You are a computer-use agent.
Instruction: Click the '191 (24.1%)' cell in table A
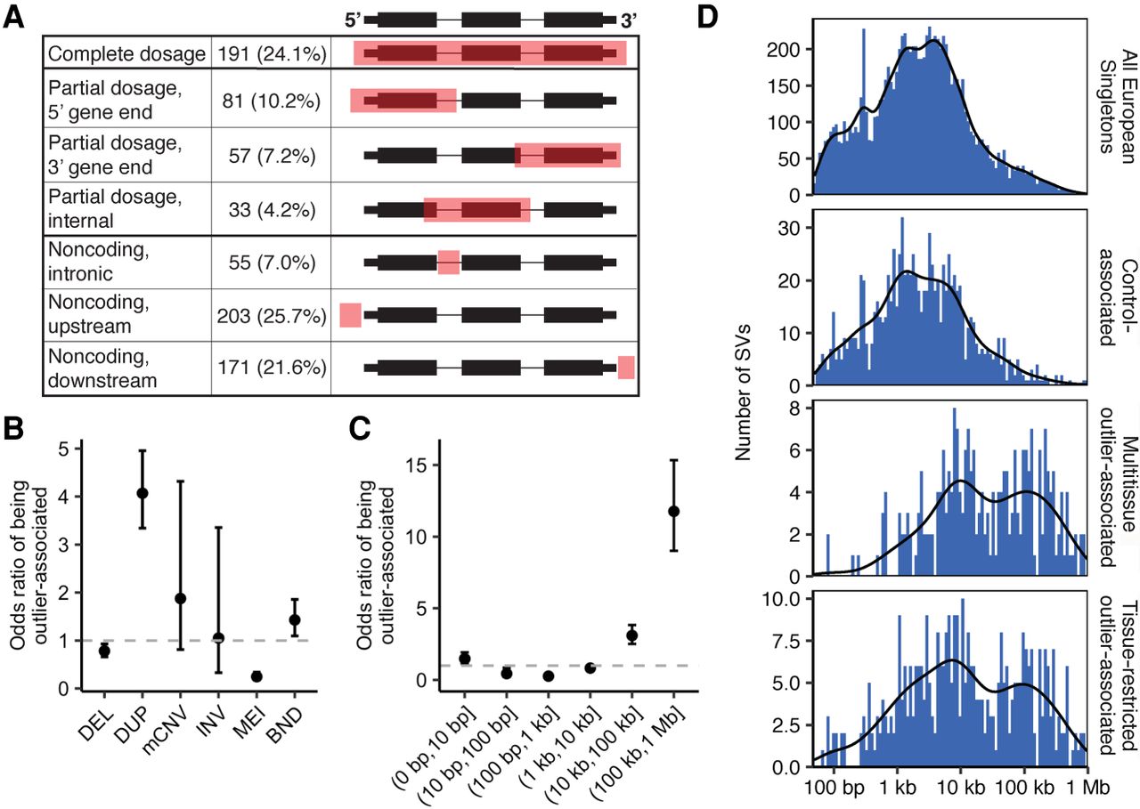272,53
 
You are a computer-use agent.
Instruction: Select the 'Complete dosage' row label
126,54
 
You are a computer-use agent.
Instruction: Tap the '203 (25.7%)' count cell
272,316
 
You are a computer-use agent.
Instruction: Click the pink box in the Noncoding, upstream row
351,315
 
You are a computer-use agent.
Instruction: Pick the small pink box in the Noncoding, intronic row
449,263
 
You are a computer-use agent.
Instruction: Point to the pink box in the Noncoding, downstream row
626,368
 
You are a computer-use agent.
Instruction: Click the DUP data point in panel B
142,493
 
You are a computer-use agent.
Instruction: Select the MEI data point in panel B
257,676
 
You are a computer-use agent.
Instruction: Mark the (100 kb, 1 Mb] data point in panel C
674,512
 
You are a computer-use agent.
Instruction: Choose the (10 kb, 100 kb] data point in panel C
632,635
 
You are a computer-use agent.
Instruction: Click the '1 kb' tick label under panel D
897,789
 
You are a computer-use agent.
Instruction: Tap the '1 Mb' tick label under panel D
1087,789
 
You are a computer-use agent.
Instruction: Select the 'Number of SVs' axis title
744,393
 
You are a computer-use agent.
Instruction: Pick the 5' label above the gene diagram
353,20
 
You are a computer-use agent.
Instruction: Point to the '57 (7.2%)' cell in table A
272,156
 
